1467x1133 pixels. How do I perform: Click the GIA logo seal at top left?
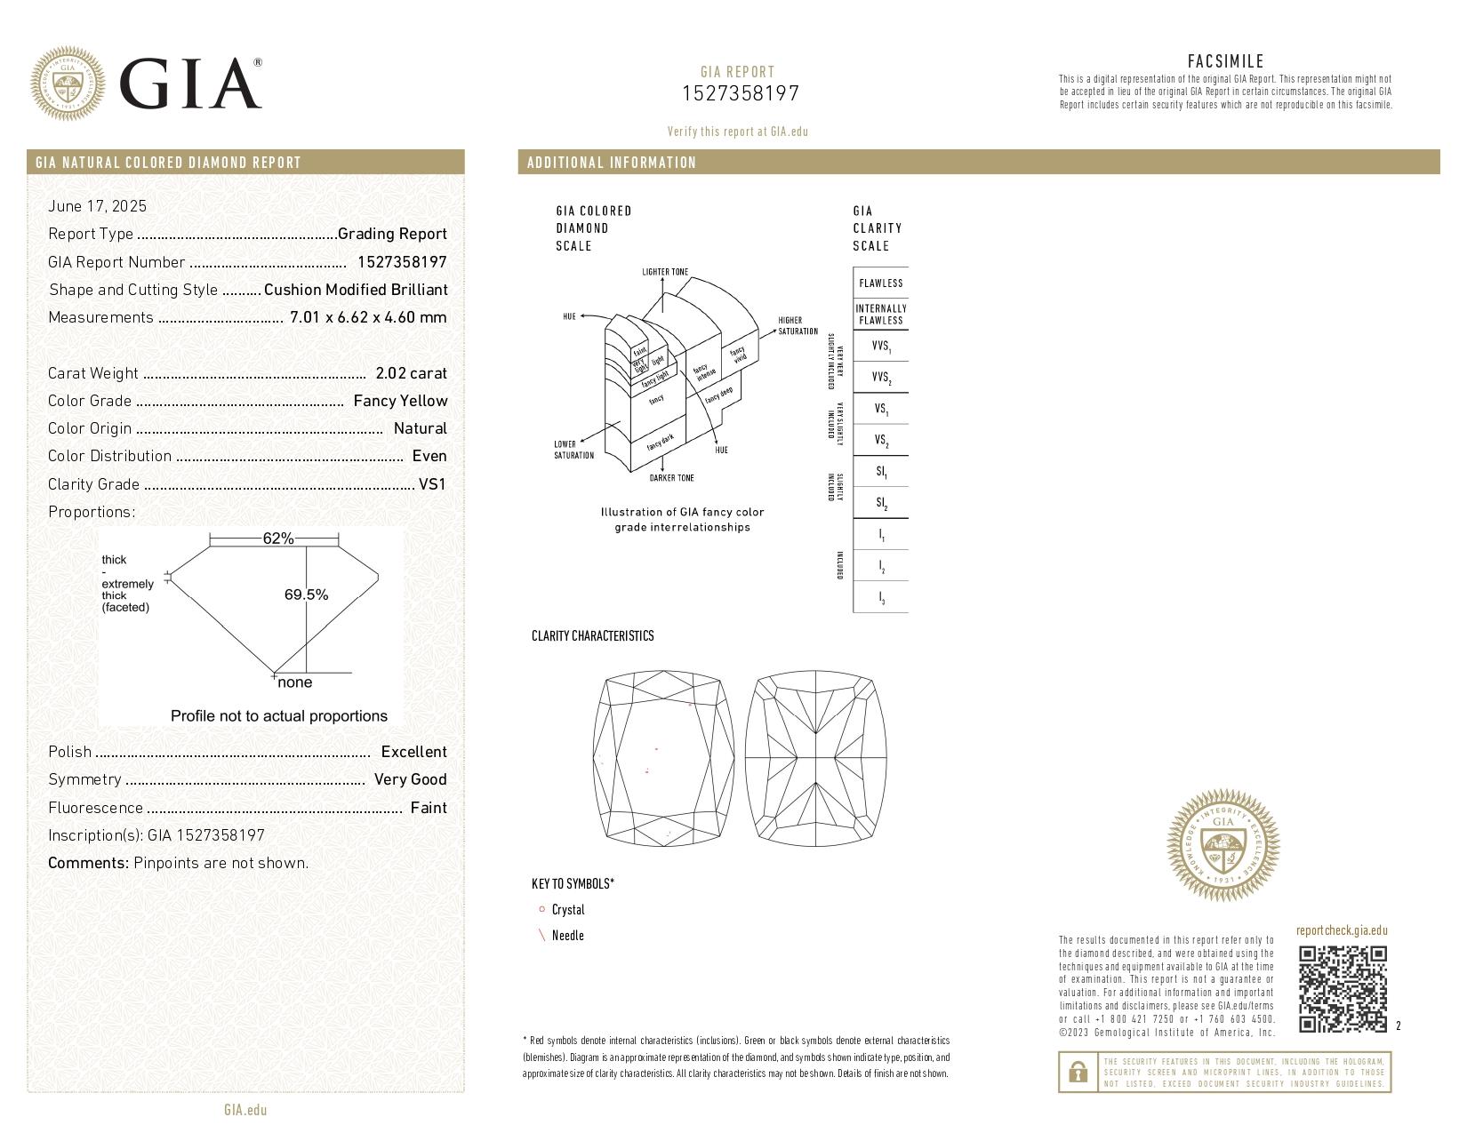click(x=68, y=84)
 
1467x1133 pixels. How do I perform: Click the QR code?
click(x=1342, y=989)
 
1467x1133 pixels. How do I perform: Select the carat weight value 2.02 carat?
click(x=411, y=373)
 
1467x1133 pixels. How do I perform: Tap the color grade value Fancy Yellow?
click(x=400, y=401)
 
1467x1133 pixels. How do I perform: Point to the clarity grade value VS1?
click(x=432, y=484)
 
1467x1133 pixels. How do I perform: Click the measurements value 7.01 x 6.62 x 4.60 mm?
click(x=368, y=317)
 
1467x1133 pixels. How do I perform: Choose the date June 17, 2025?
click(x=97, y=206)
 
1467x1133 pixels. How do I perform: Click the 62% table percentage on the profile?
click(x=277, y=539)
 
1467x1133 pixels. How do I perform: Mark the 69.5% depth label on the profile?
click(x=306, y=594)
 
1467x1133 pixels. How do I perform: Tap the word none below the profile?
click(x=294, y=682)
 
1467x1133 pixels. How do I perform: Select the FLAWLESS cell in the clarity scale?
click(x=880, y=283)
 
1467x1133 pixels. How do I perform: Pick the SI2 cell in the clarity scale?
click(x=881, y=503)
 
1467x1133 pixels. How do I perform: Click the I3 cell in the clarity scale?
click(x=881, y=598)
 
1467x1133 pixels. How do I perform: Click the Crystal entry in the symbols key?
click(x=567, y=910)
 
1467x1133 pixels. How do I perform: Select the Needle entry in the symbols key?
click(x=567, y=936)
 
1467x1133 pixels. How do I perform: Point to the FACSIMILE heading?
click(x=1225, y=61)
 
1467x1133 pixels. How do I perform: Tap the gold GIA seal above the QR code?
click(x=1222, y=845)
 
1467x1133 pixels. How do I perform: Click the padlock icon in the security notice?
click(x=1078, y=1073)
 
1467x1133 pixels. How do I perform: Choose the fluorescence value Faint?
click(x=429, y=808)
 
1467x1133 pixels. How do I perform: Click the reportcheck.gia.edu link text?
click(x=1341, y=931)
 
